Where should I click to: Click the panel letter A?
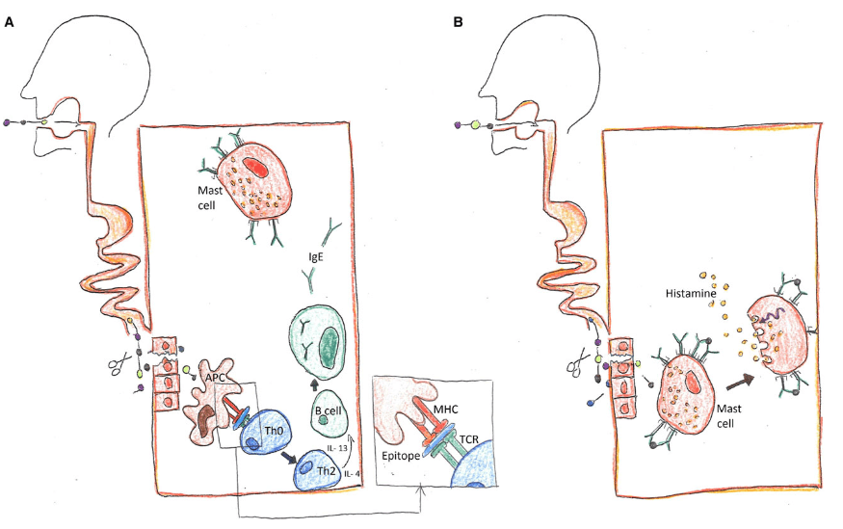[9, 21]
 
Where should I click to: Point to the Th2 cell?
[324, 471]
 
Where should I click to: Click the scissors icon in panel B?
[577, 364]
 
